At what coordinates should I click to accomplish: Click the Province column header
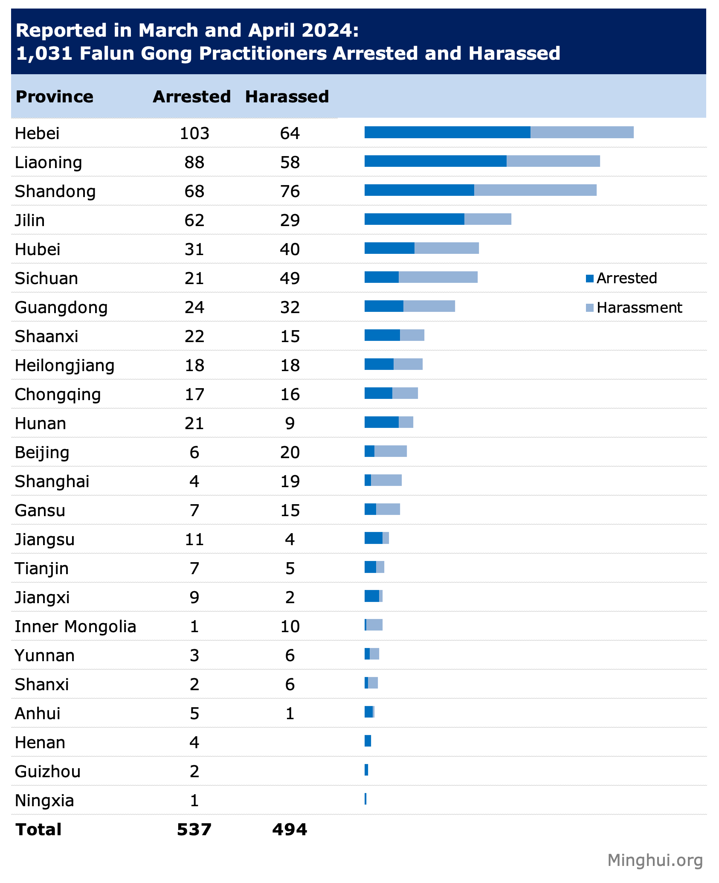[x=54, y=97]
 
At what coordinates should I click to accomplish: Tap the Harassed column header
[x=287, y=97]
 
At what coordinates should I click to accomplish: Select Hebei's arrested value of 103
[x=194, y=134]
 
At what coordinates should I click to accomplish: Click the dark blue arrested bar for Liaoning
[x=435, y=161]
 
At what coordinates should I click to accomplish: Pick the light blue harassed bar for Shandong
[x=535, y=190]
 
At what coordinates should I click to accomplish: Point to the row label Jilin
[x=30, y=221]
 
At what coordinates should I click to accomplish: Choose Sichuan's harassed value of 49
[x=290, y=279]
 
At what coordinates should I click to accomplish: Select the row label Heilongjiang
[x=64, y=366]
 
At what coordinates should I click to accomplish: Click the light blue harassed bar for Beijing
[x=391, y=451]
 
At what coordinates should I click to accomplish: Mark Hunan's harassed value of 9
[x=290, y=424]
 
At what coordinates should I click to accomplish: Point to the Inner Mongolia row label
[x=75, y=627]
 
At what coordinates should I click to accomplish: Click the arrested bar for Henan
[x=368, y=741]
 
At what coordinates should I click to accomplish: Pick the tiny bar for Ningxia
[x=365, y=799]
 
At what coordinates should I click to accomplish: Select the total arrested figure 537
[x=194, y=830]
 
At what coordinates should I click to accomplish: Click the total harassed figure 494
[x=290, y=830]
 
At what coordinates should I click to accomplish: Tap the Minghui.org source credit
[x=655, y=860]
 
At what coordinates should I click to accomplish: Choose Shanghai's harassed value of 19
[x=290, y=482]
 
